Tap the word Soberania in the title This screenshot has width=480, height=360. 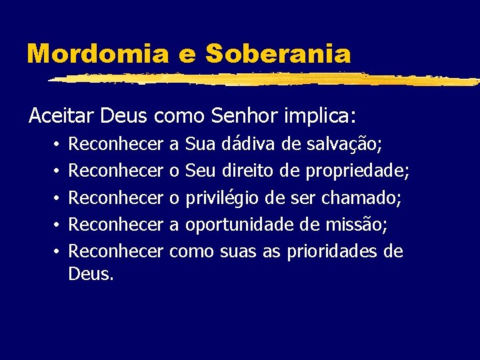coord(277,53)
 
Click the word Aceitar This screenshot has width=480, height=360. coord(62,117)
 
